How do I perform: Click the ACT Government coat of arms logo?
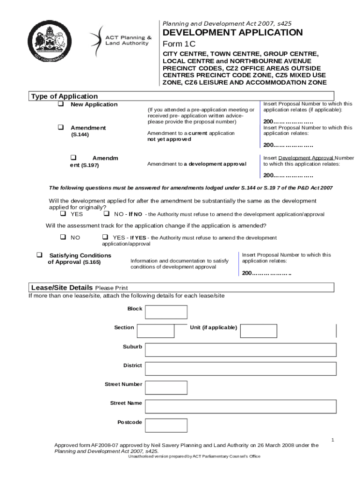tap(49, 43)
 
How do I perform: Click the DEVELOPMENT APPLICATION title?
tap(232, 33)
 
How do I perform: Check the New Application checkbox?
tap(60, 104)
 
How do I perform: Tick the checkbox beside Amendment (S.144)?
tap(60, 127)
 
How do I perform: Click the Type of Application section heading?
tap(64, 96)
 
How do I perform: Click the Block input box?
tap(166, 312)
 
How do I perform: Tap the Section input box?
tap(155, 331)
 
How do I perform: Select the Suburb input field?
tap(240, 350)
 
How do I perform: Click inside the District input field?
tap(240, 369)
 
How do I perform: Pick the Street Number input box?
tap(166, 387)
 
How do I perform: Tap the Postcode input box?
tap(166, 425)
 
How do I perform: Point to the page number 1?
tap(332, 440)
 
